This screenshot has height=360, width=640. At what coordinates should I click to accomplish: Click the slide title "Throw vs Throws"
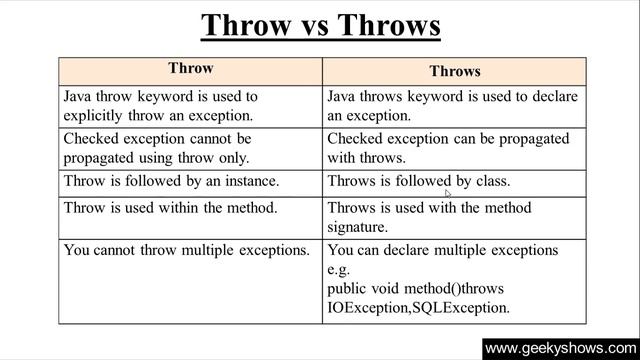[x=320, y=24]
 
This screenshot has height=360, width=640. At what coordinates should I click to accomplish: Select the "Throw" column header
[x=190, y=69]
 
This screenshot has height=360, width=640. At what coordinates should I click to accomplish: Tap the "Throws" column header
[x=455, y=71]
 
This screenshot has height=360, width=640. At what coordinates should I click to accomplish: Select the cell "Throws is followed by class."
[x=419, y=182]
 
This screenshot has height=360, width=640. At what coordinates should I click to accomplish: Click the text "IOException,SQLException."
[x=418, y=308]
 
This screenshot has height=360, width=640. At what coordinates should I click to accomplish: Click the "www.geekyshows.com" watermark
[x=559, y=349]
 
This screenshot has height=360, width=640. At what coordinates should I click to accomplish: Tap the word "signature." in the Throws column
[x=360, y=228]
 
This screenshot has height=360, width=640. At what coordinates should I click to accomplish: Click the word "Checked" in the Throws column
[x=356, y=139]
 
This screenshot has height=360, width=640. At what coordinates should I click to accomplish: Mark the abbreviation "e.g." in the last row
[x=340, y=270]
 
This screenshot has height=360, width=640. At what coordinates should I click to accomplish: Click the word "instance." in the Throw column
[x=249, y=182]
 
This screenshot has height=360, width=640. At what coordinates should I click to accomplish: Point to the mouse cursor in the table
[x=448, y=193]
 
